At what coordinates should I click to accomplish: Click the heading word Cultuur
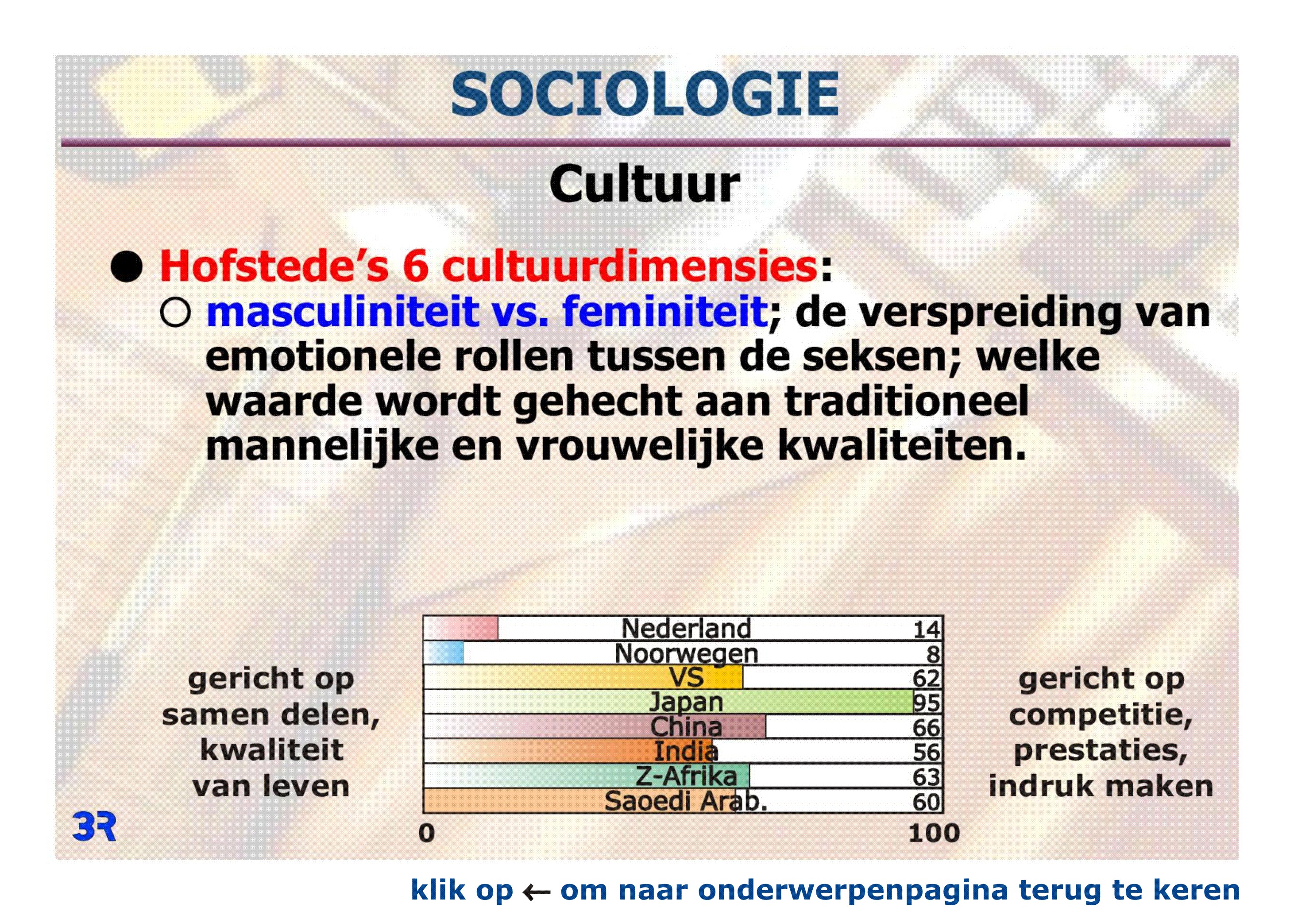click(x=644, y=184)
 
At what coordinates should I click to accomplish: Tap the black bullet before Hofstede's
click(x=126, y=266)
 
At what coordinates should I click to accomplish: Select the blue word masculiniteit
click(x=343, y=311)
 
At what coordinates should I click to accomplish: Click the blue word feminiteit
click(x=664, y=311)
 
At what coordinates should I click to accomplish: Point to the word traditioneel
click(x=907, y=401)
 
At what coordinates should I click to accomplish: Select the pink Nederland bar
click(x=460, y=628)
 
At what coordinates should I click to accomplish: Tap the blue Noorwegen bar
click(x=444, y=653)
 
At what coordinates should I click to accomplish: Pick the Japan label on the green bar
click(x=686, y=702)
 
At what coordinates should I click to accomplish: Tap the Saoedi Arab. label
click(x=686, y=801)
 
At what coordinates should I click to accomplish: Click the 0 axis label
click(x=427, y=833)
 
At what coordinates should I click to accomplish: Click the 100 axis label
click(x=934, y=833)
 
